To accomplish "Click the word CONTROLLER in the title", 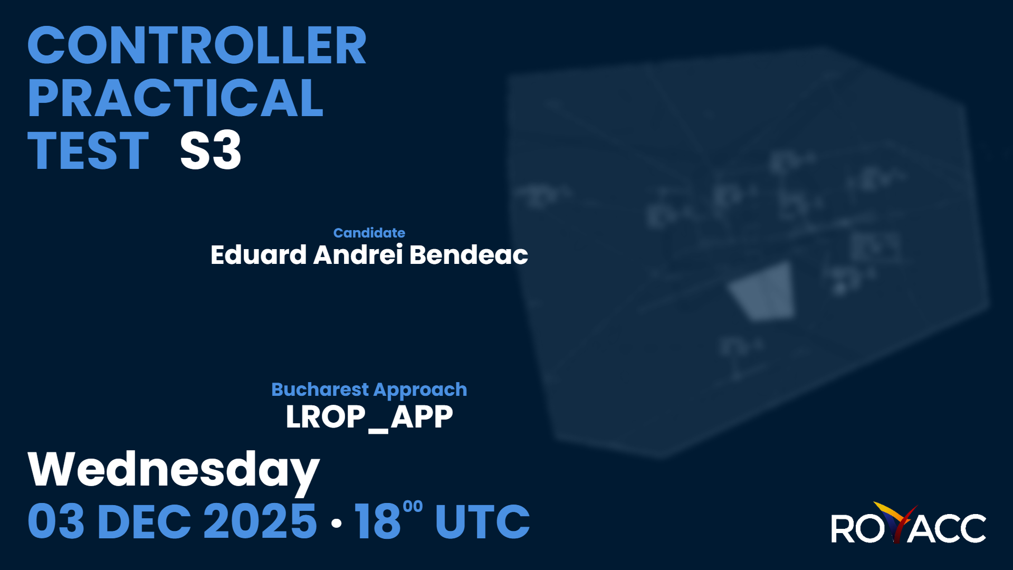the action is [x=197, y=45].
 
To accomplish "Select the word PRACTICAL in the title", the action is [x=175, y=98].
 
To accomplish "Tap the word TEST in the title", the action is [x=88, y=150].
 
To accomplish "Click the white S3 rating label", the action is [x=211, y=150].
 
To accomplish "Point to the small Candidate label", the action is [x=369, y=233].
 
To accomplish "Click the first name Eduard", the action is [x=259, y=254].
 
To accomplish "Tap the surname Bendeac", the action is [x=469, y=254].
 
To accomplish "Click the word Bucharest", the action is [x=320, y=389].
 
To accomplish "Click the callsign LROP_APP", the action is [x=369, y=417].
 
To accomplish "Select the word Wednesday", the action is [x=174, y=470].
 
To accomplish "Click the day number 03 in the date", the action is [x=56, y=521].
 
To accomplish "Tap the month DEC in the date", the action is [x=144, y=521].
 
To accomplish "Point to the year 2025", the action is [x=260, y=521].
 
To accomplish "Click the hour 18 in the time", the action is [x=378, y=521].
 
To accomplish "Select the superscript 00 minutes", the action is [x=413, y=507].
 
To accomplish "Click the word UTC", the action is [x=482, y=521].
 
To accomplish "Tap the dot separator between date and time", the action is [x=336, y=523].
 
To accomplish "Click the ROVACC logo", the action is [x=909, y=523].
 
